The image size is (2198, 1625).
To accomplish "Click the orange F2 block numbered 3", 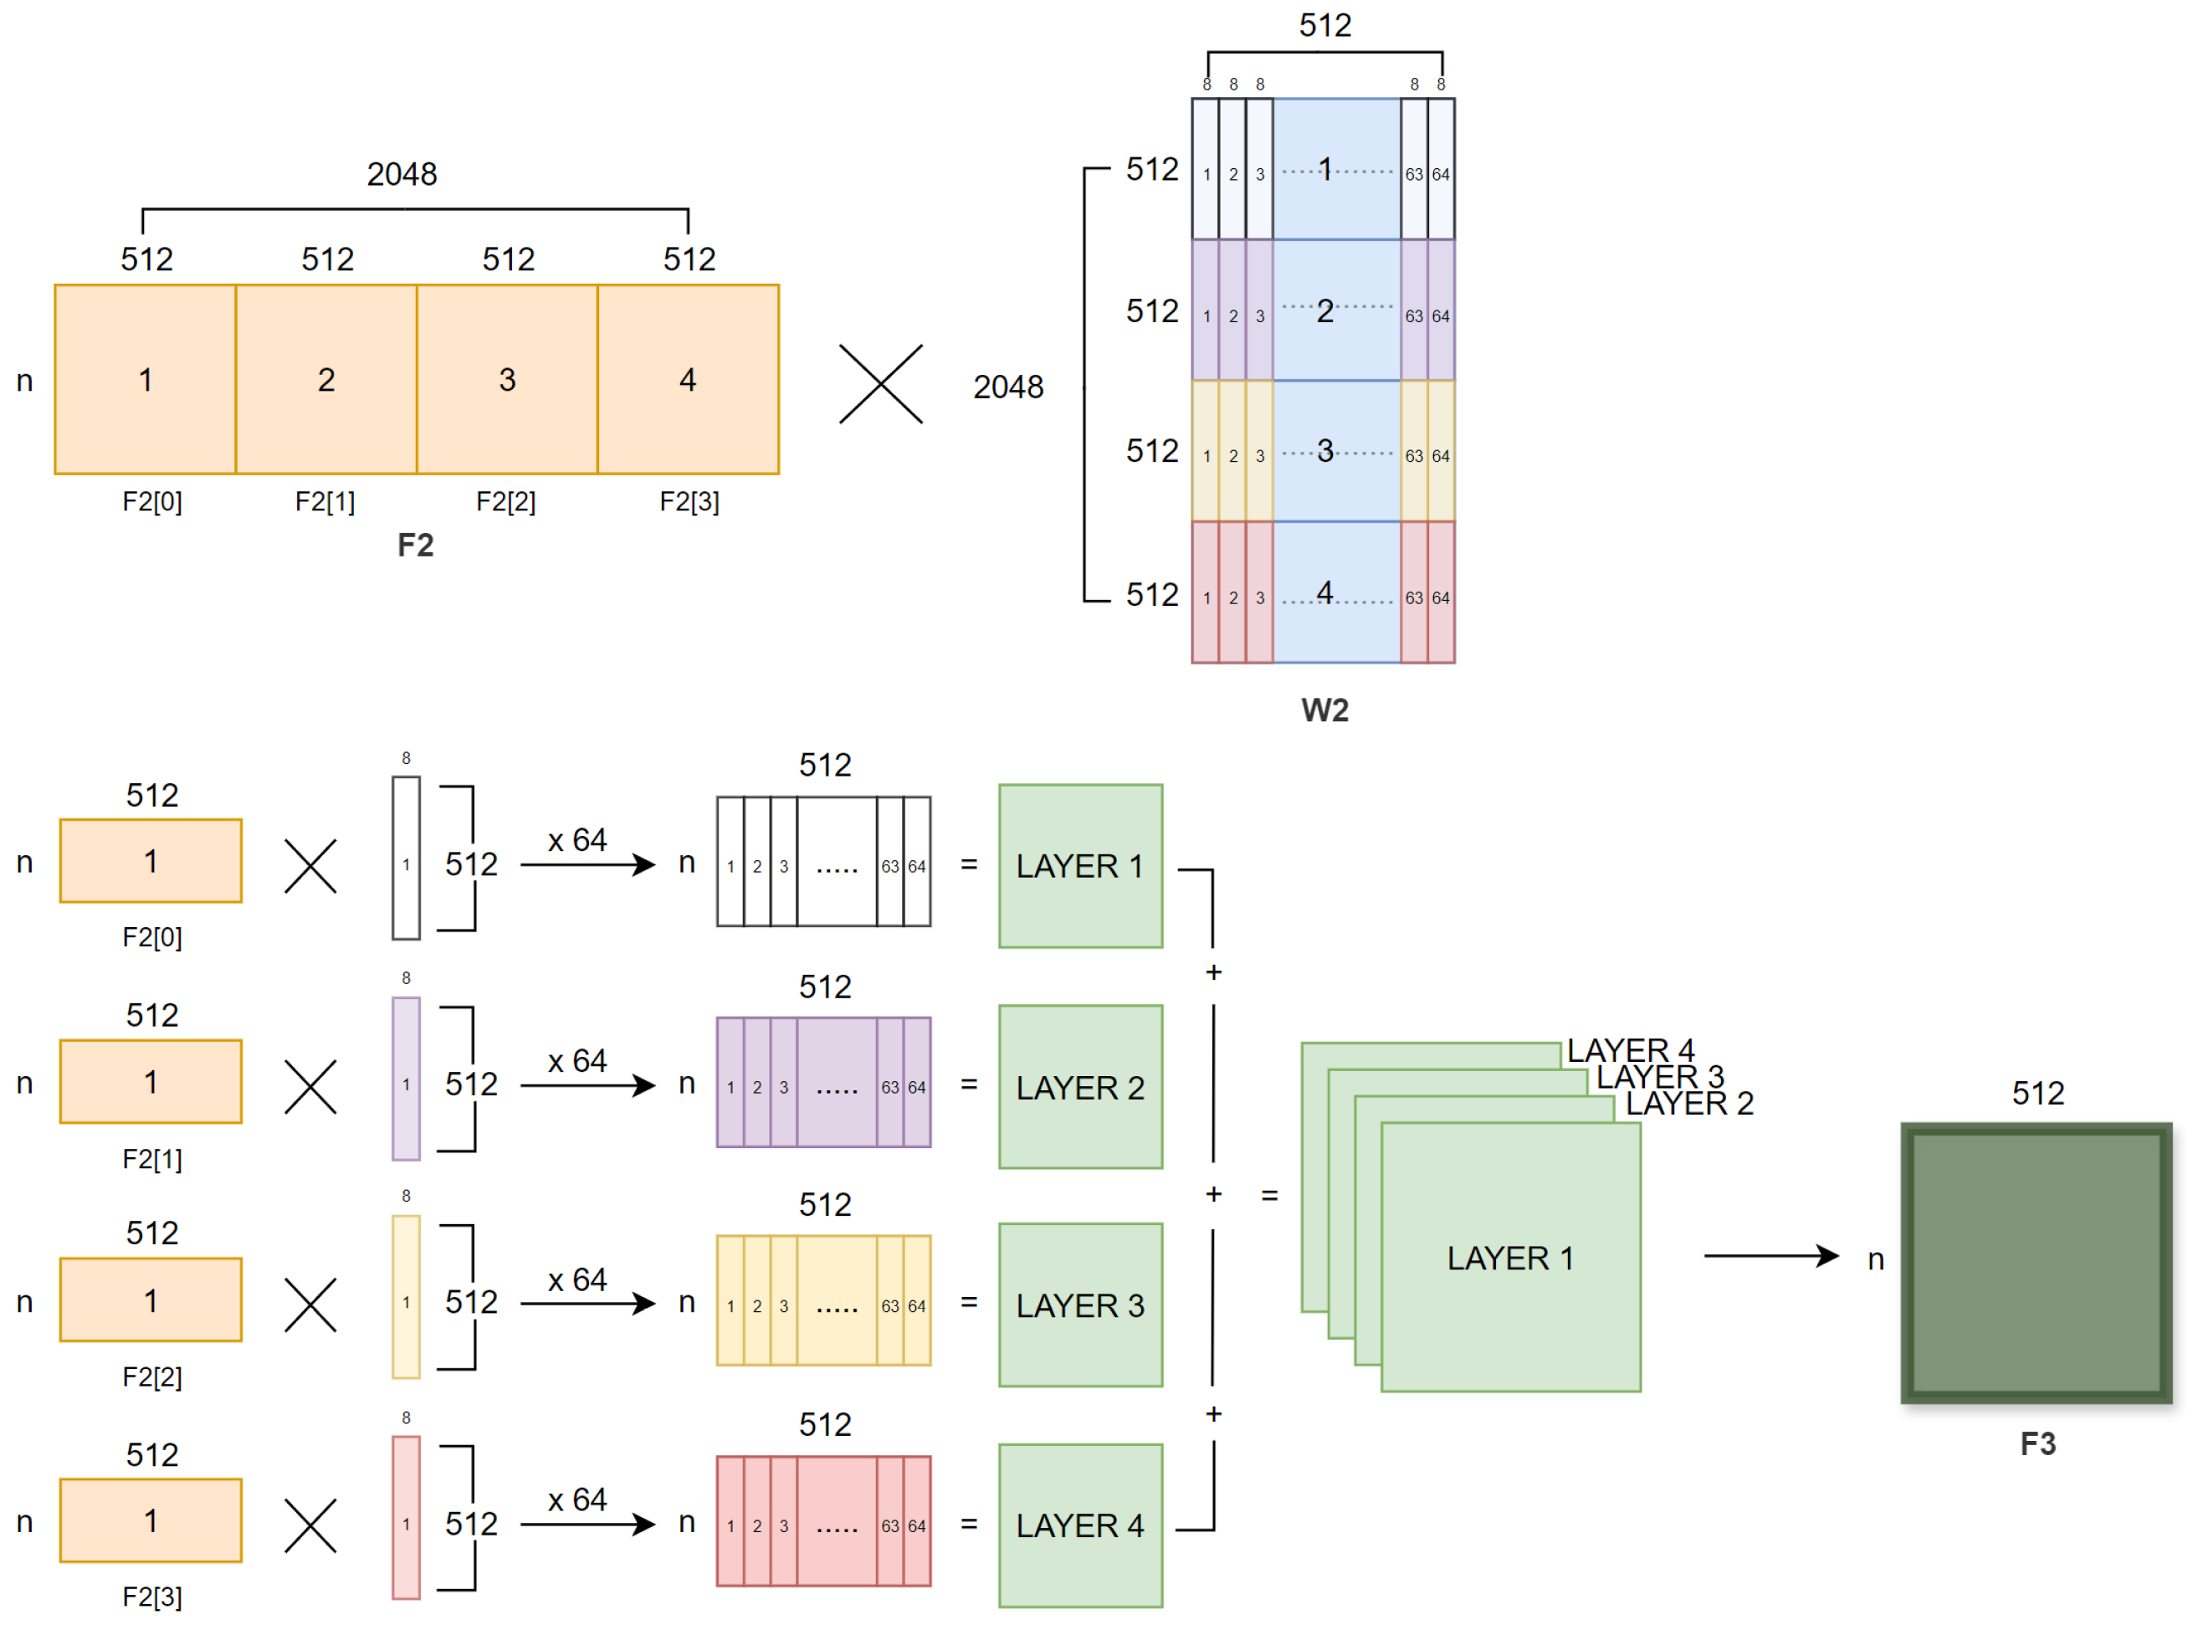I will click(508, 380).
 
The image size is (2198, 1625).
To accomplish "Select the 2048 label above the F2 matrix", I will click(402, 174).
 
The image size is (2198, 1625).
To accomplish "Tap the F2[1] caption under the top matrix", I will click(325, 503).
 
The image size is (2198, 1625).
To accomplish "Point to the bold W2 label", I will click(1325, 711).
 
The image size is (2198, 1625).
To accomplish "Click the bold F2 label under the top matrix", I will click(415, 546).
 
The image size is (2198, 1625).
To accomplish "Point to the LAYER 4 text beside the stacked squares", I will click(1632, 1050).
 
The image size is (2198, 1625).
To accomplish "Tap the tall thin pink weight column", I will click(406, 1519).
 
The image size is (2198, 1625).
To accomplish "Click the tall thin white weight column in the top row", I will click(406, 859).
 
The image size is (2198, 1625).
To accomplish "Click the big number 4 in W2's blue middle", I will click(1325, 593).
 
